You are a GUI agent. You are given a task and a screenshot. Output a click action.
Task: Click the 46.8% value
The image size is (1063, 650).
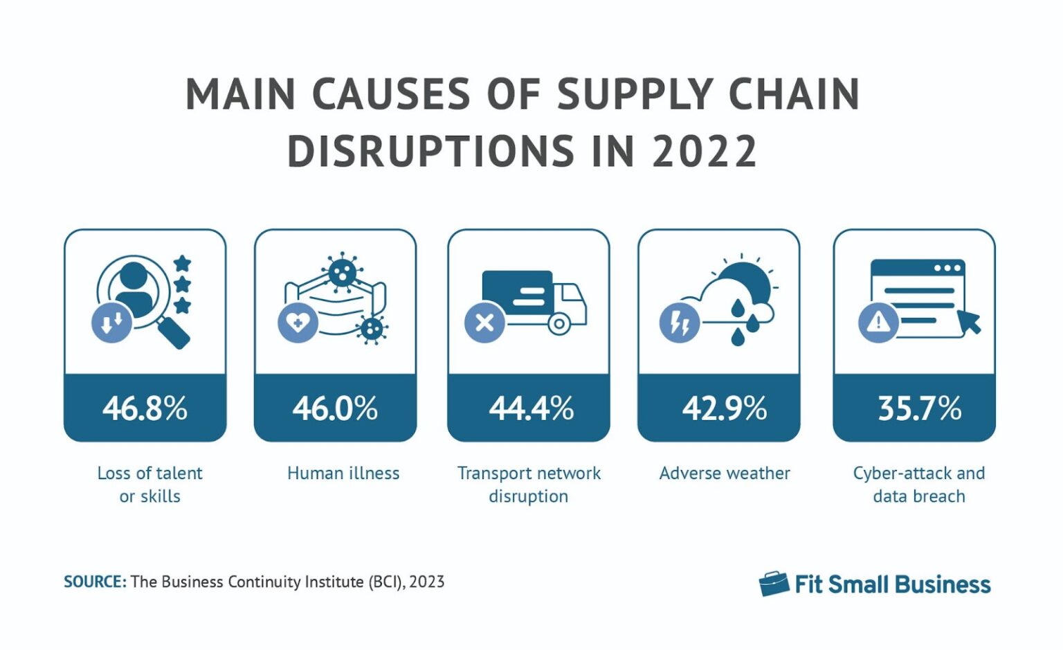[x=145, y=408]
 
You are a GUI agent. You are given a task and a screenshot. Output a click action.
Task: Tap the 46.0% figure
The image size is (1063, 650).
[x=335, y=408]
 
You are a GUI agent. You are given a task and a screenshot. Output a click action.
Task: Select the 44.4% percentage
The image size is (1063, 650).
[x=531, y=408]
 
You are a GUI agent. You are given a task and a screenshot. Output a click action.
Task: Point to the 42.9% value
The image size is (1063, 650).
[x=724, y=408]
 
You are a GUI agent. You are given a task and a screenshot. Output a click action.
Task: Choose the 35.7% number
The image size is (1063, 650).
[x=919, y=408]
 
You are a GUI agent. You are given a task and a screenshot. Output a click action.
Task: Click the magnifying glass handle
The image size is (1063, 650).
[x=175, y=334]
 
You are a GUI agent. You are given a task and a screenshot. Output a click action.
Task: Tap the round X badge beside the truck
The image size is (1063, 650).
[x=484, y=323]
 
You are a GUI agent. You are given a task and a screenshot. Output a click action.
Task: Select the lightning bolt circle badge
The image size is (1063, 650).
[x=680, y=323]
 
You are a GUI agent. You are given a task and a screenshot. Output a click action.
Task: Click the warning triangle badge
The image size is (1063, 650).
[x=878, y=322]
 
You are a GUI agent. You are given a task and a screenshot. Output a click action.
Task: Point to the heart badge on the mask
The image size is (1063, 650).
[x=298, y=323]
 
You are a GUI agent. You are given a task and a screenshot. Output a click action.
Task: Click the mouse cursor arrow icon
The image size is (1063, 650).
[x=969, y=322]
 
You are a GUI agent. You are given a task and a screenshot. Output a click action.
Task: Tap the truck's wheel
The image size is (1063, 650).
[x=558, y=324]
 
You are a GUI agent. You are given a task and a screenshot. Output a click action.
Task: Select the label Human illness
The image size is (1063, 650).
[x=343, y=473]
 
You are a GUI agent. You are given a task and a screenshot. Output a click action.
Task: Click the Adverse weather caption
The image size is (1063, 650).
[x=725, y=473]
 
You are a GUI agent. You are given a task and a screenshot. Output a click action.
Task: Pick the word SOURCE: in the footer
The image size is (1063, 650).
[x=95, y=582]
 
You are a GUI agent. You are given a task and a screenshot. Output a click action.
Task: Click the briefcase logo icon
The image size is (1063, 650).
[x=774, y=584]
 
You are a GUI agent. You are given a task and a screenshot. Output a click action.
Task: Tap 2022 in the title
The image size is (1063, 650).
[x=705, y=152]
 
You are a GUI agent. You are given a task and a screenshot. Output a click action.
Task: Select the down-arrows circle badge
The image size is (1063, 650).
[x=111, y=323]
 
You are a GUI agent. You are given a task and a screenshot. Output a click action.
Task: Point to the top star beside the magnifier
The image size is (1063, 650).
[x=182, y=263]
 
